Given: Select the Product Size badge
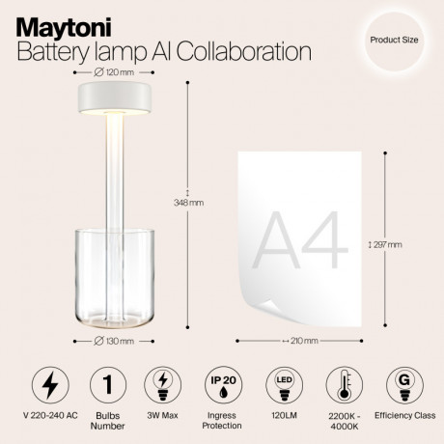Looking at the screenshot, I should point(393,42).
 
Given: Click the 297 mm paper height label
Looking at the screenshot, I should point(388,244).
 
